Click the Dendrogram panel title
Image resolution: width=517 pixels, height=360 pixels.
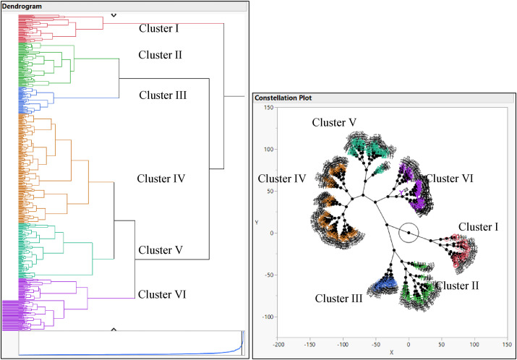pyautogui.click(x=21, y=6)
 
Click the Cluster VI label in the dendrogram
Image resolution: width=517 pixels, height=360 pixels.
pyautogui.click(x=162, y=293)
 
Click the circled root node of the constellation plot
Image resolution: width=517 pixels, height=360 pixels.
pyautogui.click(x=409, y=233)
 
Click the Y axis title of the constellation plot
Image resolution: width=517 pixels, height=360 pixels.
pyautogui.click(x=257, y=223)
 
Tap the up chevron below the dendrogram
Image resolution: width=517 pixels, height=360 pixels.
pyautogui.click(x=114, y=330)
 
